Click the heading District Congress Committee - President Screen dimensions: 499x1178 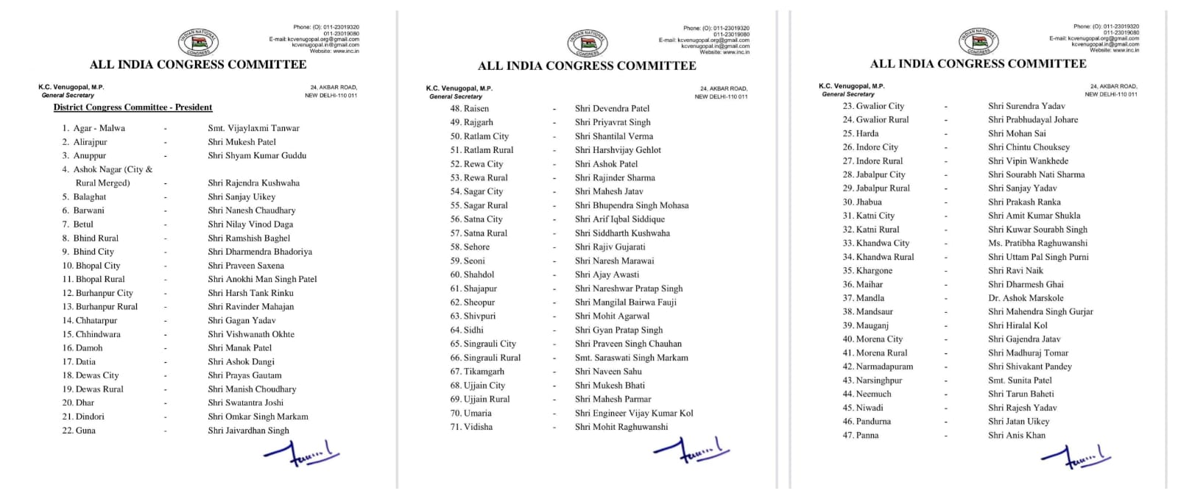point(133,107)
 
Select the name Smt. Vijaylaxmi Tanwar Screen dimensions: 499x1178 point(253,128)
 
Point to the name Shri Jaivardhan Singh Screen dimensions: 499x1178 point(248,431)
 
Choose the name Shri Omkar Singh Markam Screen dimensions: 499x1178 point(258,417)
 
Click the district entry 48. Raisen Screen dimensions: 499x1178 point(470,108)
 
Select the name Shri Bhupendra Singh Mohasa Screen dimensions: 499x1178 point(632,205)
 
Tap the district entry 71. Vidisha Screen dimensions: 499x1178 point(471,427)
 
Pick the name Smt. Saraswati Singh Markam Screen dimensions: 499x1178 point(632,358)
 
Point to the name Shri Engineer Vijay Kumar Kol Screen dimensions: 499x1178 point(634,413)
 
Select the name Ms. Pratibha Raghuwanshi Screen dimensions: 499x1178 point(1037,243)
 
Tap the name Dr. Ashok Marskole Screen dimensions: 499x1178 point(1026,298)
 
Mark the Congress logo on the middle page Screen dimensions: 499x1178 point(587,43)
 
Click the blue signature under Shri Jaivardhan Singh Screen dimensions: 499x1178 point(302,454)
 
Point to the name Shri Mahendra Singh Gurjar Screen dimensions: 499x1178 point(1040,311)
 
